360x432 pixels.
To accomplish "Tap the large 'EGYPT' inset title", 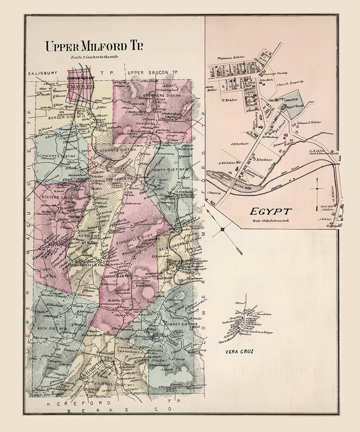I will pyautogui.click(x=271, y=211).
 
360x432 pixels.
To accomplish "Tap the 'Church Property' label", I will pyautogui.click(x=291, y=81).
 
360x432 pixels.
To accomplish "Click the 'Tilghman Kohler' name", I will pyautogui.click(x=231, y=57).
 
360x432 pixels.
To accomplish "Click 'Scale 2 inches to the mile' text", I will pyautogui.click(x=95, y=57).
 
